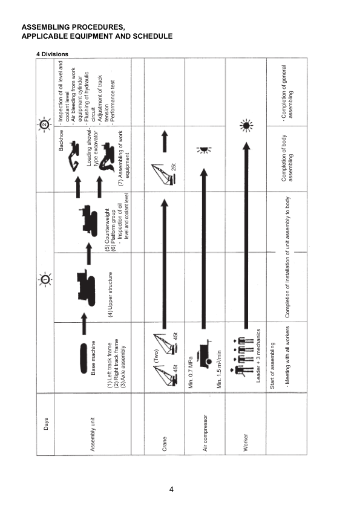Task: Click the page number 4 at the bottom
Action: click(172, 488)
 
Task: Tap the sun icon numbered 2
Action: click(45, 125)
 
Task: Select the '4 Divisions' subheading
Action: click(53, 54)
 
